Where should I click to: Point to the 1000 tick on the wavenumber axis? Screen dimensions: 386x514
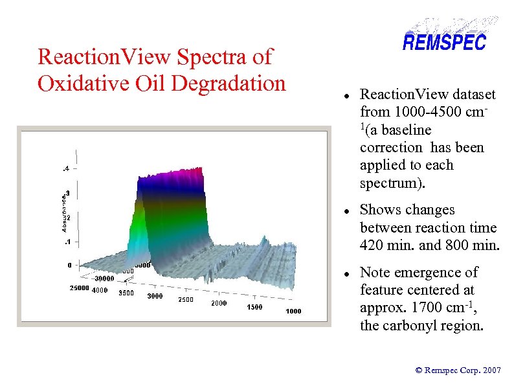[293, 312]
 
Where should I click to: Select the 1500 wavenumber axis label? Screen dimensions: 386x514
[254, 307]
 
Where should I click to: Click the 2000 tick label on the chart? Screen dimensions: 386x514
[218, 303]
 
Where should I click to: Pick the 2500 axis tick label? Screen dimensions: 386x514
[185, 299]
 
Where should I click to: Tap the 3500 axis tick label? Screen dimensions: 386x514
[126, 293]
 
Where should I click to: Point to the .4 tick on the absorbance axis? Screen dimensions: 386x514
[66, 170]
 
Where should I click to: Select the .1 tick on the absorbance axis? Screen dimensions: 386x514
[67, 242]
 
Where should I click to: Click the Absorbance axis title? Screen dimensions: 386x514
[63, 211]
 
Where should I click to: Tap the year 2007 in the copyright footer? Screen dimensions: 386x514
[491, 370]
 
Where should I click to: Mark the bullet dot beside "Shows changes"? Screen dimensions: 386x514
[348, 211]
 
